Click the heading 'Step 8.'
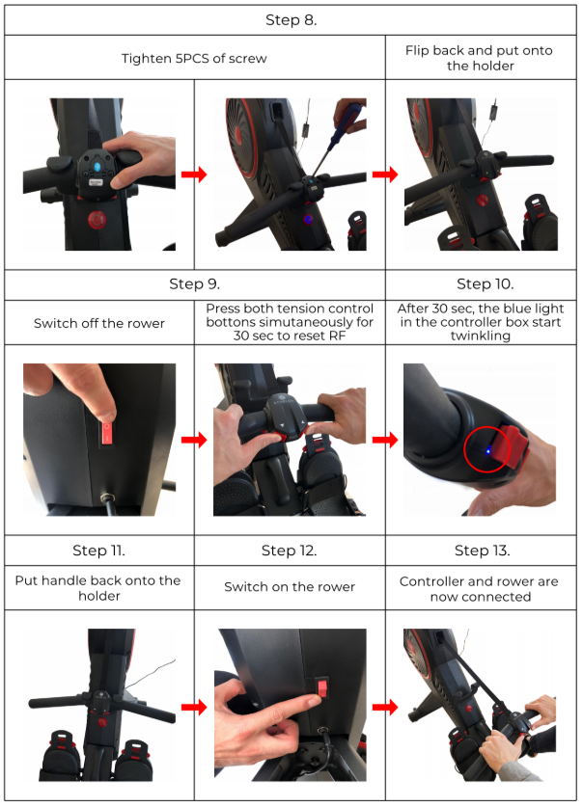(x=291, y=20)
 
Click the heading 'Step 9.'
(x=195, y=284)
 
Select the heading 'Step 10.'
(x=486, y=284)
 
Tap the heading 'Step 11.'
(x=98, y=551)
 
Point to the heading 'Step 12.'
(x=289, y=551)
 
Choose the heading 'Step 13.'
(x=482, y=551)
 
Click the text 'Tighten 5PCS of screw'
(x=194, y=59)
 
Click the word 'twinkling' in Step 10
(x=481, y=336)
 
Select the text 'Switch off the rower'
(x=99, y=323)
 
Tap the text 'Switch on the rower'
(x=290, y=587)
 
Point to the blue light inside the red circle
(x=487, y=451)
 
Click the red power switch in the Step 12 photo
(x=321, y=687)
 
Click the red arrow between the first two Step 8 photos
(x=194, y=175)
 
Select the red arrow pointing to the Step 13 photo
(x=385, y=707)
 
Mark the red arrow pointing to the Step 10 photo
(x=385, y=440)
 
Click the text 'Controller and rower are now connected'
(x=480, y=589)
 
